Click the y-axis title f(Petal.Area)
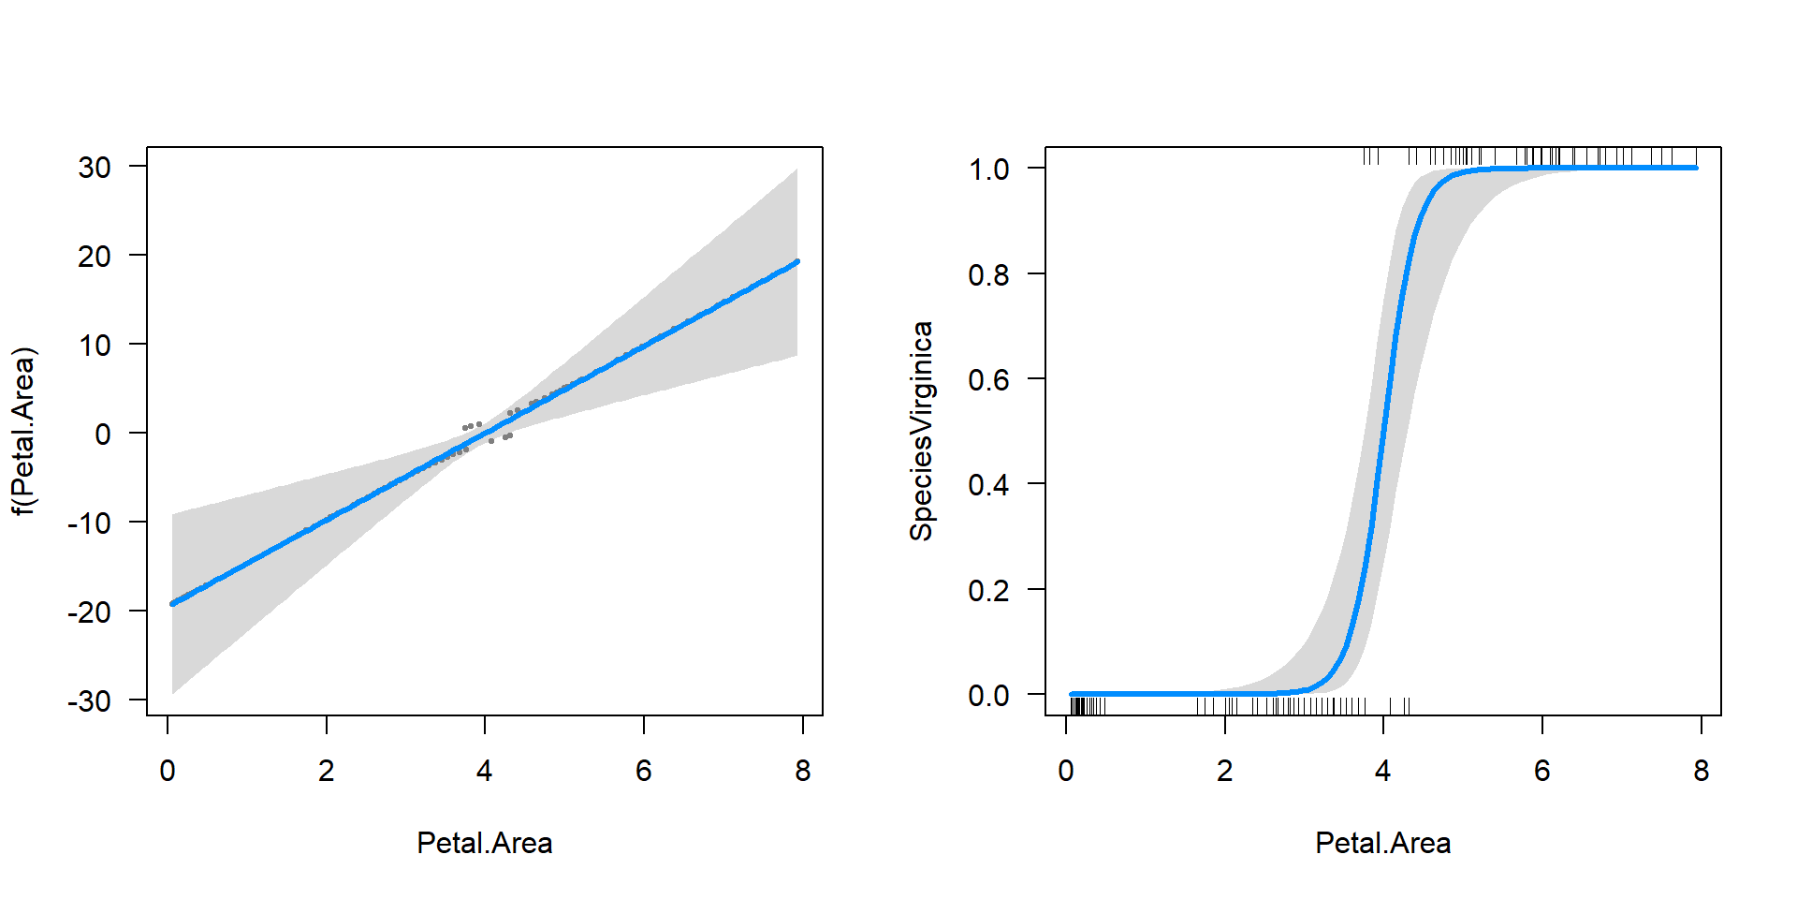pos(24,432)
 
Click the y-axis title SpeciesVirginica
pos(922,432)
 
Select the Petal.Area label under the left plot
pos(484,843)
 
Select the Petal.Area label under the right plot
pos(1382,843)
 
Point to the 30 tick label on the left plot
pos(95,168)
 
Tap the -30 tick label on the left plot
pos(89,700)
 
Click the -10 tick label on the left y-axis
pos(89,523)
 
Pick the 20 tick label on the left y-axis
pos(95,256)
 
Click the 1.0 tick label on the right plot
pos(989,169)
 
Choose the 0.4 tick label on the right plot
pos(989,485)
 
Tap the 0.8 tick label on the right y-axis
pos(989,274)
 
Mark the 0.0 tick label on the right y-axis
pos(989,696)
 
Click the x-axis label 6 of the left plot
pos(644,771)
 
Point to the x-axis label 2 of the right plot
pos(1224,771)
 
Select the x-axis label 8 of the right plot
pos(1701,771)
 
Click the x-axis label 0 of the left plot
pos(168,771)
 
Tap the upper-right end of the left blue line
pos(796,262)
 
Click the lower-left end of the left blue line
pos(172,603)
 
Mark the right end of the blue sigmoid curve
pos(1695,168)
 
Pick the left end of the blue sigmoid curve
pos(1072,694)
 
